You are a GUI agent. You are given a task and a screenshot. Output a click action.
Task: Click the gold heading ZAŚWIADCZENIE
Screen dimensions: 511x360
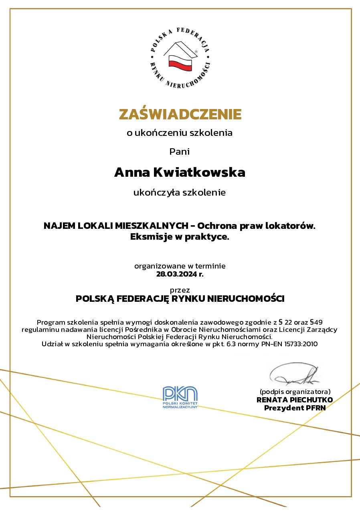coord(180,115)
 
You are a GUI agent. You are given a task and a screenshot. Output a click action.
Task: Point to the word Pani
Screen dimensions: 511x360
coord(180,151)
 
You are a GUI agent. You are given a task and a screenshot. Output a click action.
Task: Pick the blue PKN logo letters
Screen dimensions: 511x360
coord(180,394)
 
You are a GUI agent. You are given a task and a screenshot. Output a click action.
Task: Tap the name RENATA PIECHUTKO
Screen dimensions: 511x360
coord(295,400)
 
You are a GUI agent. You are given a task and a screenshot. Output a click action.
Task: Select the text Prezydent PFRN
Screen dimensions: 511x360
coord(295,408)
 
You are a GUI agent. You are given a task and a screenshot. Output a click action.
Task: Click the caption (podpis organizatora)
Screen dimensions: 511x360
coord(295,392)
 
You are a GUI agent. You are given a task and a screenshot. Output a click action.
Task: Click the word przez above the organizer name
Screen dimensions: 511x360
coord(180,290)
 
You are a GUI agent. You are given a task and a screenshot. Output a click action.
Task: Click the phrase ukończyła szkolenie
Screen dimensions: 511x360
coord(180,193)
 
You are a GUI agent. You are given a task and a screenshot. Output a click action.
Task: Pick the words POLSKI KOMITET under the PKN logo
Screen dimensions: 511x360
coord(180,404)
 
